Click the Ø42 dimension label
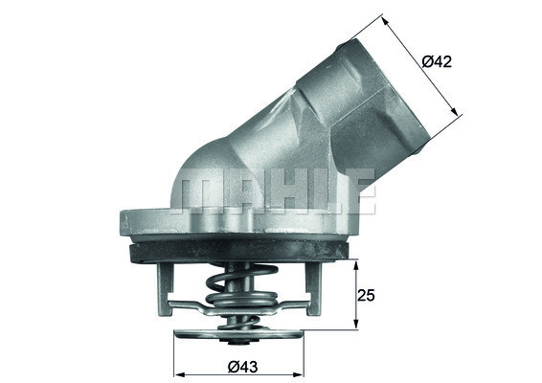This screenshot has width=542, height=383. click(x=437, y=61)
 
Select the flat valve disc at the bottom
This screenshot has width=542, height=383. click(x=237, y=337)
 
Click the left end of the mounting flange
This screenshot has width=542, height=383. click(x=125, y=223)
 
